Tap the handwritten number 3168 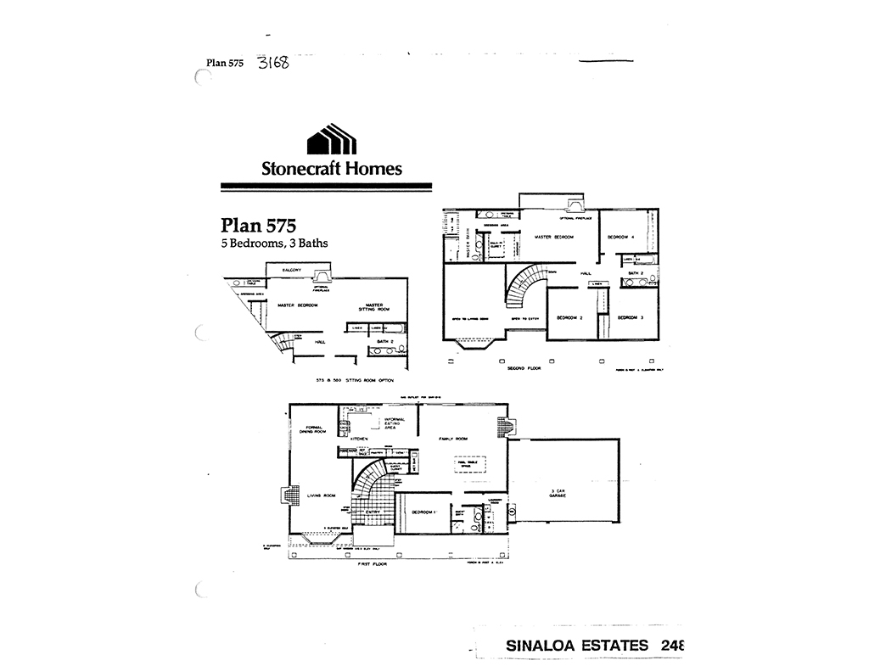pyautogui.click(x=272, y=64)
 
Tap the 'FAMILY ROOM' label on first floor pyautogui.click(x=454, y=439)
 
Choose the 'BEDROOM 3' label pyautogui.click(x=630, y=317)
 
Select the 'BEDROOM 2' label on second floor pyautogui.click(x=569, y=317)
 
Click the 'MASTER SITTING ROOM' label pyautogui.click(x=373, y=307)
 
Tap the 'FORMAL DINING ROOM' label pyautogui.click(x=308, y=429)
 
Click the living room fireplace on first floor pyautogui.click(x=291, y=495)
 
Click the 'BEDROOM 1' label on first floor pyautogui.click(x=423, y=512)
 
